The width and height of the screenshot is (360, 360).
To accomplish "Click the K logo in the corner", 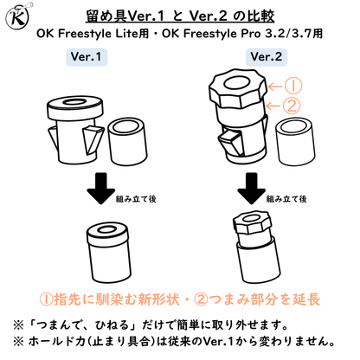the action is (17, 16).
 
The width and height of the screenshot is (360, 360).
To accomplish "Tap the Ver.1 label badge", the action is (87, 57).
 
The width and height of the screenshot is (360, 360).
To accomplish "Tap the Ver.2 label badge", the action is (267, 57).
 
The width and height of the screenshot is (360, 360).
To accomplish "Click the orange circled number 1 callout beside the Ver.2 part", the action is (292, 86).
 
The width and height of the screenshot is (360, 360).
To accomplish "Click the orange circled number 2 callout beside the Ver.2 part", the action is (291, 106).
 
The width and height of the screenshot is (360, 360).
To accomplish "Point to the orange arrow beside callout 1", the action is (274, 86).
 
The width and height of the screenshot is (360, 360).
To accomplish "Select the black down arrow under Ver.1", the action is (101, 189).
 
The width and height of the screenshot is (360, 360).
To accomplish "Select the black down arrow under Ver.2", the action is (252, 189).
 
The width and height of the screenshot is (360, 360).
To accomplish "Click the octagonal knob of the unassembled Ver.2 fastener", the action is (238, 88).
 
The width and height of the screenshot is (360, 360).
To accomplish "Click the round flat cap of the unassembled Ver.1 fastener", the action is (74, 108).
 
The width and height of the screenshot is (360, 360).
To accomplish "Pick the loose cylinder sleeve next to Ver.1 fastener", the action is (127, 141).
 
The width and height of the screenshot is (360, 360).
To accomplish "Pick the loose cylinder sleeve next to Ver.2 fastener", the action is (295, 141).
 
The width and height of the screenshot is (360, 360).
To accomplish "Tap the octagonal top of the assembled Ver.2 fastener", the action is (253, 222).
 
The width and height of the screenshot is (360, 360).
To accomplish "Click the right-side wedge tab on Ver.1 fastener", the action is (93, 139).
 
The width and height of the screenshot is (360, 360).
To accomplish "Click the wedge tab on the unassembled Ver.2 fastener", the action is (231, 142).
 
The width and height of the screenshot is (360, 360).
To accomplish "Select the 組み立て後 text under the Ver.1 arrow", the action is (136, 199).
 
